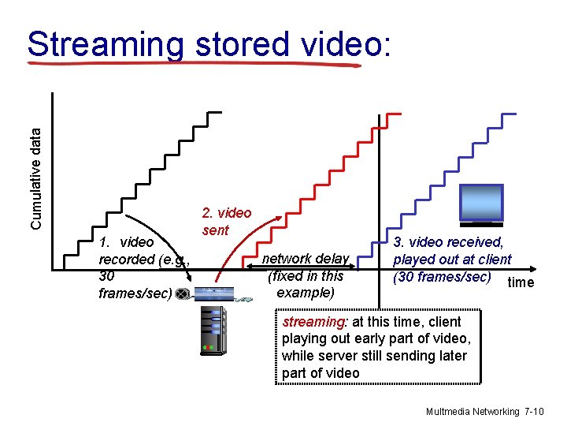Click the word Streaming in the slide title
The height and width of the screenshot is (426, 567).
(x=105, y=45)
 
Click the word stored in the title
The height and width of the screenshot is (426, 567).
(x=239, y=45)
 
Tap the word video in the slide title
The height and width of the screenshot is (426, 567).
(x=343, y=45)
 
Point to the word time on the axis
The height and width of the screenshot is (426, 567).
(x=521, y=282)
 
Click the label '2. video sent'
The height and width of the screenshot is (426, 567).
(x=226, y=222)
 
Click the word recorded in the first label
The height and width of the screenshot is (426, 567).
(x=127, y=260)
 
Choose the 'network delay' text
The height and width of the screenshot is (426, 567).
(x=305, y=259)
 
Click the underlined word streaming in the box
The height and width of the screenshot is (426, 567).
(x=313, y=322)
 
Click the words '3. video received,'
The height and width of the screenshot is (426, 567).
(x=448, y=242)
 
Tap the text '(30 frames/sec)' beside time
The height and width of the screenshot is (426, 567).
(x=442, y=277)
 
